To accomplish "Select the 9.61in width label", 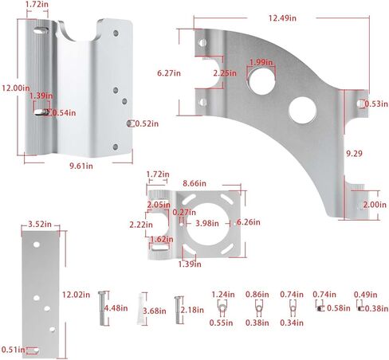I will (x=81, y=166).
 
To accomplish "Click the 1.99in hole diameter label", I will (x=257, y=63).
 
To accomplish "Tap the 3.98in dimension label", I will (x=207, y=223).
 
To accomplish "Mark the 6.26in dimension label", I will (x=249, y=223).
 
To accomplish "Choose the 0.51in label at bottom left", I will (x=11, y=348).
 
